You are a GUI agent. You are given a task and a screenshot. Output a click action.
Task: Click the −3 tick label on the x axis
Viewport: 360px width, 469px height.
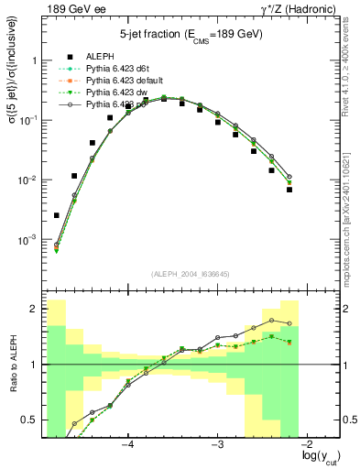tap(217, 443)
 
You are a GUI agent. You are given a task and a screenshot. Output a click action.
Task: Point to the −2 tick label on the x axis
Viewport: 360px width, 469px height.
tap(306, 443)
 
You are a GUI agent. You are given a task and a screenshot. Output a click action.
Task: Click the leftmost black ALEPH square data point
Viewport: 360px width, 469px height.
tap(56, 215)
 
